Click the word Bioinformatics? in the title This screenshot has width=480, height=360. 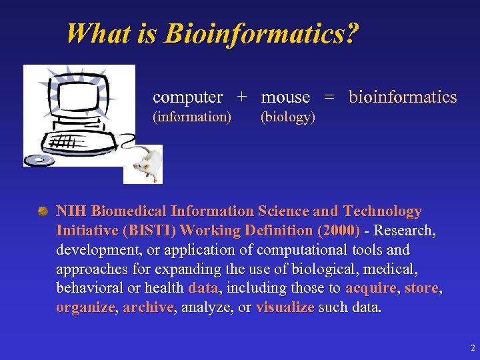pyautogui.click(x=261, y=33)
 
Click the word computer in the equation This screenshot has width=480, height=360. pyautogui.click(x=187, y=97)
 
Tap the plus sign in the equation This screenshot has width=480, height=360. pyautogui.click(x=242, y=97)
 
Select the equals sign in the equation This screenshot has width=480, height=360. pyautogui.click(x=329, y=97)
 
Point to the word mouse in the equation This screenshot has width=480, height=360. pyautogui.click(x=285, y=97)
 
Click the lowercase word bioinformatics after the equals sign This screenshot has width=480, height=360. pyautogui.click(x=403, y=97)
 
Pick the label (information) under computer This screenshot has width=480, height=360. pyautogui.click(x=192, y=117)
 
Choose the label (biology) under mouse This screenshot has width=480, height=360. pyautogui.click(x=287, y=117)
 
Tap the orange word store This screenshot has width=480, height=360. pyautogui.click(x=421, y=289)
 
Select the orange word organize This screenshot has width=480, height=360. pyautogui.click(x=85, y=308)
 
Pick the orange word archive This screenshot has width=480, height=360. pyautogui.click(x=147, y=308)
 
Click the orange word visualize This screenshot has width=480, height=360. pyautogui.click(x=285, y=308)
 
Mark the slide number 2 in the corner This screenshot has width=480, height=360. pyautogui.click(x=472, y=348)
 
